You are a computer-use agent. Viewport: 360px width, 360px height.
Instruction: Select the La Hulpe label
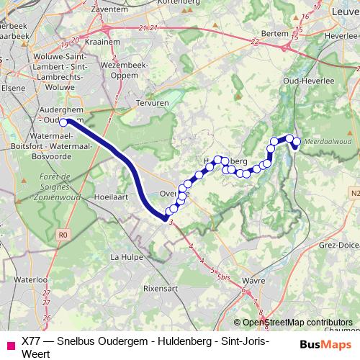click(125, 256)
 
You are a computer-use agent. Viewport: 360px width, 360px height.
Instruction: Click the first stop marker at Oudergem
click(63, 122)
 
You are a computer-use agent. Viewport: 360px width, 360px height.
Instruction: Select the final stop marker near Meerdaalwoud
click(295, 148)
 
